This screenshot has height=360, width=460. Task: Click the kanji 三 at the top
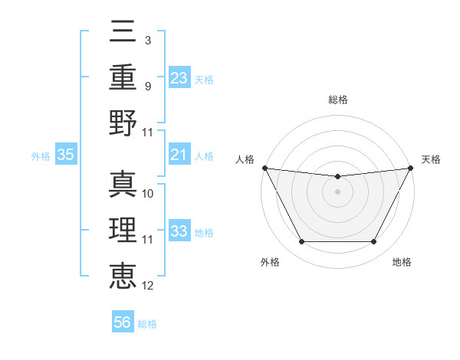(x=123, y=31)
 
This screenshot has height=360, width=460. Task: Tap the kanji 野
(x=123, y=123)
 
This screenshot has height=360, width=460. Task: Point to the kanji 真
(x=123, y=185)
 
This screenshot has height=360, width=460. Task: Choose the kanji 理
(x=123, y=231)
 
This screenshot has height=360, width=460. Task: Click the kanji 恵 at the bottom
(x=123, y=277)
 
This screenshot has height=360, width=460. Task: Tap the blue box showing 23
(x=179, y=77)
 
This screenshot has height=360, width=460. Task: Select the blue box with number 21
(x=179, y=155)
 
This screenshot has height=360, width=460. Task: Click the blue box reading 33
(x=179, y=231)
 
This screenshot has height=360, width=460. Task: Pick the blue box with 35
(x=65, y=155)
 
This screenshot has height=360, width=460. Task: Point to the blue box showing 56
(x=123, y=322)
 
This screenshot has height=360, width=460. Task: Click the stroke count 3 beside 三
(x=147, y=39)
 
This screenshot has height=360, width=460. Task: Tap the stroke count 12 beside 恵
(x=148, y=286)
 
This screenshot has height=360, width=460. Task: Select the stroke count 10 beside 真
(x=148, y=194)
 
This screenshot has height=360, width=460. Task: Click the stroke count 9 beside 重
(x=147, y=86)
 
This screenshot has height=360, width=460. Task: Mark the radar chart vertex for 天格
(x=412, y=168)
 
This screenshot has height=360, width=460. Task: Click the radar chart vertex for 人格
(x=264, y=168)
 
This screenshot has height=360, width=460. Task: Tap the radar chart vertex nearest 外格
(x=301, y=242)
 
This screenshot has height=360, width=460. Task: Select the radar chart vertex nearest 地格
(x=374, y=242)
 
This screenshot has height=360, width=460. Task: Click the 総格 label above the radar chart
(x=338, y=100)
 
